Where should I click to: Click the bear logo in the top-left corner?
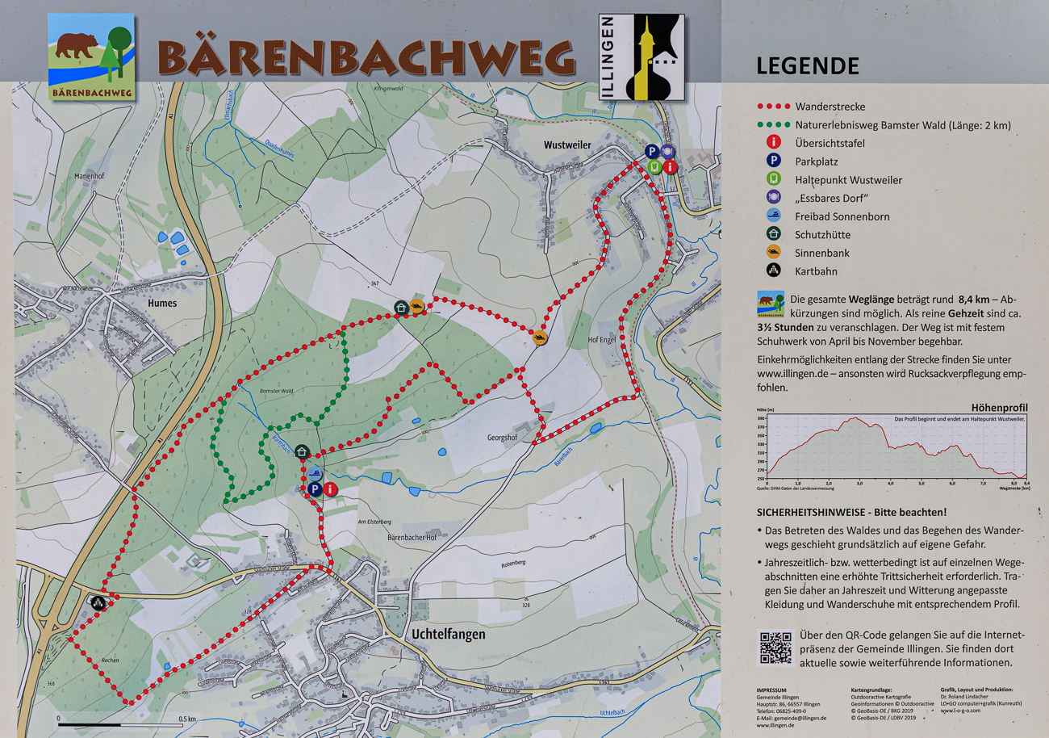tap(90, 56)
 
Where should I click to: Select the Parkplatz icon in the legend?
tap(773, 161)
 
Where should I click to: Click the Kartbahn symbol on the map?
tap(98, 602)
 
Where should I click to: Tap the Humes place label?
tap(161, 303)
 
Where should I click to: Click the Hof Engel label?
tap(602, 340)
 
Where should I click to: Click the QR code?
tap(775, 648)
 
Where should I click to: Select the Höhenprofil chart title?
tap(999, 408)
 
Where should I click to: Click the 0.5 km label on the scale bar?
tap(187, 719)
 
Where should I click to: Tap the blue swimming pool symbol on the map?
tap(315, 474)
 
